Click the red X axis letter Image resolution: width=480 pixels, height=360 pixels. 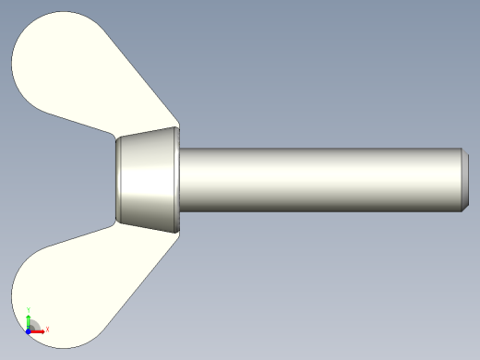click(x=47, y=329)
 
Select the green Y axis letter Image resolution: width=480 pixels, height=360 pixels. click(x=30, y=311)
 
